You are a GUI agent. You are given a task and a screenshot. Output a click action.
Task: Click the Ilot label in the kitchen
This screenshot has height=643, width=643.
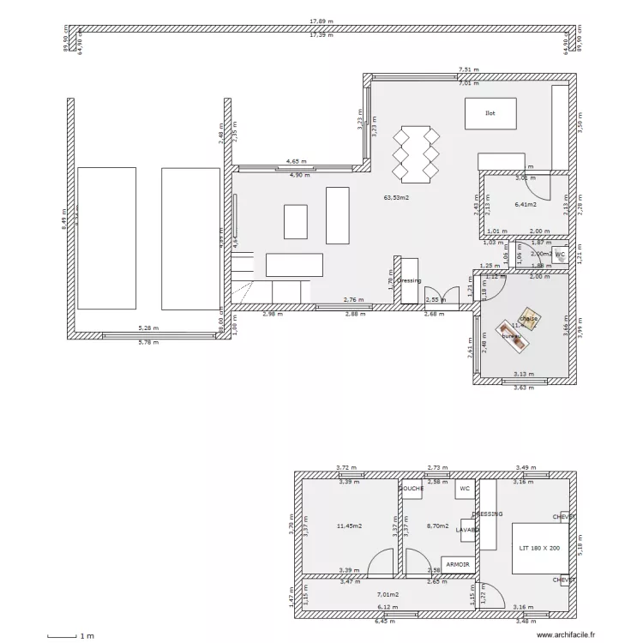490,112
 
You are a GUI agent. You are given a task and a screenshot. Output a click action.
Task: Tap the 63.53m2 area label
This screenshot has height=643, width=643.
396,198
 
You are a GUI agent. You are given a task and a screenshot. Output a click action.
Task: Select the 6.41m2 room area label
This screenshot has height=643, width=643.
525,205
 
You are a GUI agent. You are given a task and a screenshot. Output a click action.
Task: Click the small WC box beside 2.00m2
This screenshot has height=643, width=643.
560,255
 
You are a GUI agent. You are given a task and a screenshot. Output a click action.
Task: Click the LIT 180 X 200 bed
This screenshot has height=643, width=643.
539,547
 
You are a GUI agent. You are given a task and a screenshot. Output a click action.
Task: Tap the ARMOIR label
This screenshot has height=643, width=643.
458,564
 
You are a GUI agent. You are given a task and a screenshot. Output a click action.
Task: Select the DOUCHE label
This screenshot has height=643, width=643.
411,489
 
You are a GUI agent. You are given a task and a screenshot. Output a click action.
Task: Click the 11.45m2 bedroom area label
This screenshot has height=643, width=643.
349,526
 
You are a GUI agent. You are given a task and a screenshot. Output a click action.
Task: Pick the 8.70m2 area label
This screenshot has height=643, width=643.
437,526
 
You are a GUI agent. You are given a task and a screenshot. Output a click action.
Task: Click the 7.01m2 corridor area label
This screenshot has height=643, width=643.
388,593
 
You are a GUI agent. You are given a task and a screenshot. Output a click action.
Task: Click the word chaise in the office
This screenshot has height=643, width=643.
530,318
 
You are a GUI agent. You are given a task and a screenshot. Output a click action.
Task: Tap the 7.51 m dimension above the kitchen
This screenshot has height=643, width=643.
468,69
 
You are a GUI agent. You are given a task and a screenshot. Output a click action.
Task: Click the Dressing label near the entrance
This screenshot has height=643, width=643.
409,280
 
